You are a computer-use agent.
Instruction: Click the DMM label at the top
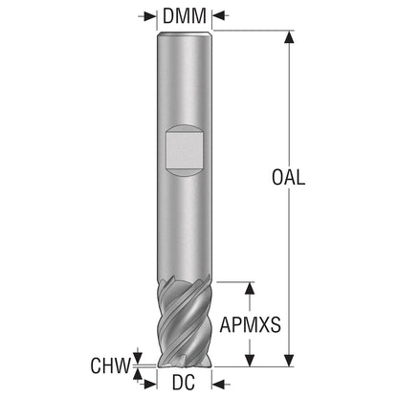tap(185, 16)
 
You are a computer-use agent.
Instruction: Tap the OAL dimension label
tap(288, 177)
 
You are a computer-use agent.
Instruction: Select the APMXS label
tap(251, 325)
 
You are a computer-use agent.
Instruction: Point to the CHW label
tap(110, 365)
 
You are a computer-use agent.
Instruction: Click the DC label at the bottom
tap(184, 382)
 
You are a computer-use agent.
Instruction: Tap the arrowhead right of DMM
tap(219, 16)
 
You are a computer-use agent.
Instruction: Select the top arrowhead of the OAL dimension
tap(289, 36)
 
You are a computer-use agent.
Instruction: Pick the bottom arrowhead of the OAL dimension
tap(289, 361)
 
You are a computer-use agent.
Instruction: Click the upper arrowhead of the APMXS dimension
tap(250, 288)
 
